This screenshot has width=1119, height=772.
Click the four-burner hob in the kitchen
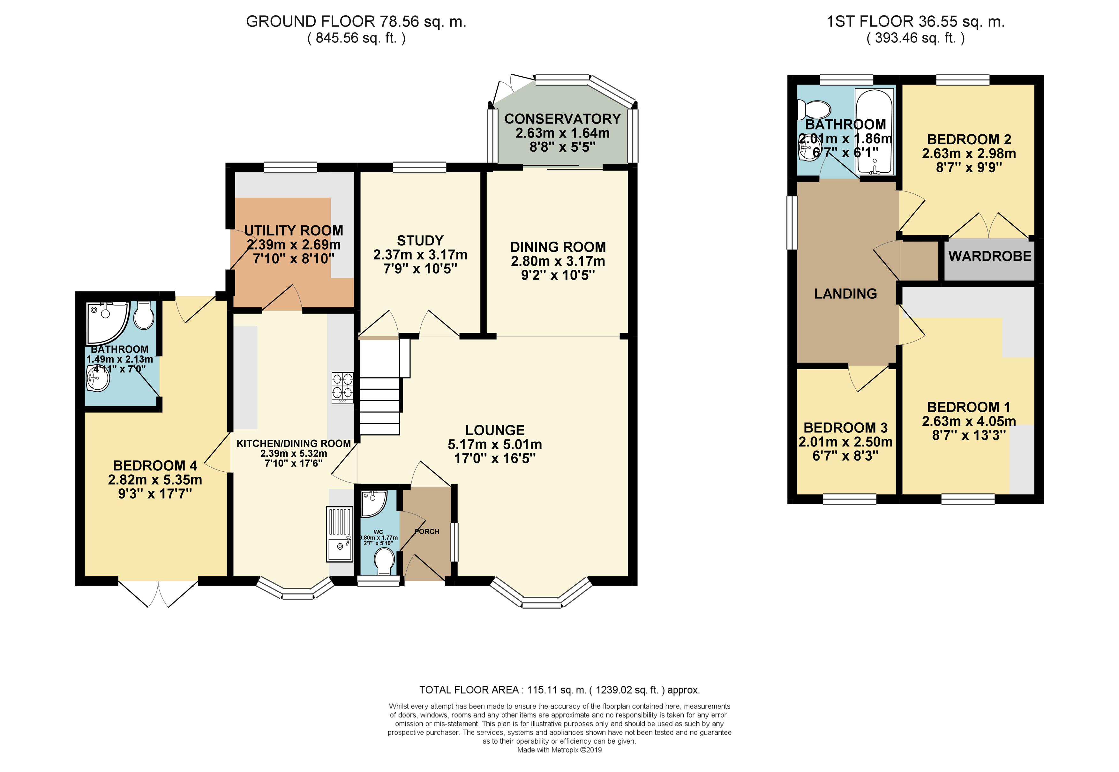[x=342, y=387]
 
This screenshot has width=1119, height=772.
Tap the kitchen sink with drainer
[x=340, y=534]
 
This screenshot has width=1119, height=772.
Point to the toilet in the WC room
[x=385, y=561]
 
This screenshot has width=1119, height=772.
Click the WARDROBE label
[x=990, y=256]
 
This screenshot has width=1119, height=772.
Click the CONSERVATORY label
[x=562, y=118]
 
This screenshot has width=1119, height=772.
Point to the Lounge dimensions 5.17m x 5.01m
[x=494, y=444]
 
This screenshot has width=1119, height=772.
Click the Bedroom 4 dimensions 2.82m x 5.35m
[x=155, y=480]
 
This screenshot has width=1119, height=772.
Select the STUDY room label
[x=420, y=240]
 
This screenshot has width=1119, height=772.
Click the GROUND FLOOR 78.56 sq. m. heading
[x=356, y=22]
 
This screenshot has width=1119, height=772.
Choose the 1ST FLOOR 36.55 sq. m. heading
[x=915, y=22]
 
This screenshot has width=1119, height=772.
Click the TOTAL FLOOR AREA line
[x=559, y=690]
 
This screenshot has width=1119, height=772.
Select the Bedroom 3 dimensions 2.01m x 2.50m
[x=845, y=442]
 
